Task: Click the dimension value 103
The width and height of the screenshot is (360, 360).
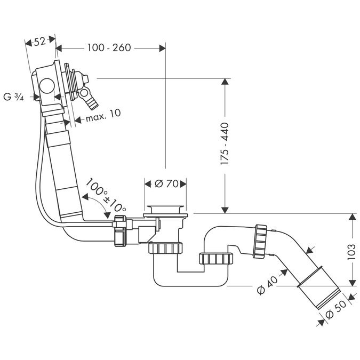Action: point(351,250)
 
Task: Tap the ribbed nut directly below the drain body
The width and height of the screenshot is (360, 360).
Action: point(165,249)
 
